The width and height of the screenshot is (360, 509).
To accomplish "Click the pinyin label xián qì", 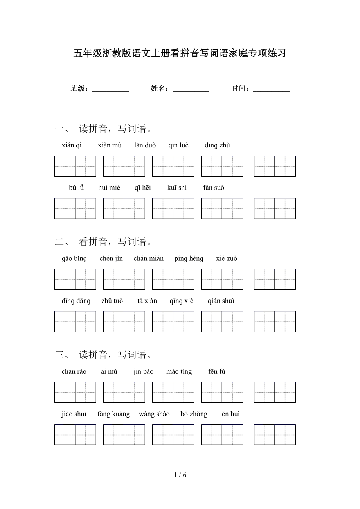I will click(72, 145).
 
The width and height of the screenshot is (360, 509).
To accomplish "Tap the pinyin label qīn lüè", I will click(178, 145).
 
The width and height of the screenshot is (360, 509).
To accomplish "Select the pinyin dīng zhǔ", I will click(217, 145).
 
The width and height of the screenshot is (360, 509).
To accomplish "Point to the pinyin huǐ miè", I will click(109, 188).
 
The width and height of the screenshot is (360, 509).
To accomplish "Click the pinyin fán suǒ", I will click(214, 188).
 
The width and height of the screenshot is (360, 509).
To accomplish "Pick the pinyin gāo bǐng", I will click(74, 258).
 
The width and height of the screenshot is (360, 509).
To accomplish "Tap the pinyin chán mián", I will click(149, 258).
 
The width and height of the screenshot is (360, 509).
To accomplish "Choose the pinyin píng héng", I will click(189, 258).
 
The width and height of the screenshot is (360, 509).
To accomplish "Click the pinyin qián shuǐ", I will click(221, 301).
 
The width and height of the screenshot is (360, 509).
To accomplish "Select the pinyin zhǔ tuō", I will click(112, 301).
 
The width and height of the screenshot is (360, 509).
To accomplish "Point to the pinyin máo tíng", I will click(179, 371).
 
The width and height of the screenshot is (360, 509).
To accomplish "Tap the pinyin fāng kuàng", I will click(113, 414).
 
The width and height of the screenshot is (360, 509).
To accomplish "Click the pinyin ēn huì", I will click(231, 414).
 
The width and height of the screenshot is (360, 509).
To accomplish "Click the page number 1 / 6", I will click(180, 475).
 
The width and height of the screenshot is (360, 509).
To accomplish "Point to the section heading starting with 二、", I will click(103, 242).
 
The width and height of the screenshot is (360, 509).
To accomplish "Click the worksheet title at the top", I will click(180, 54).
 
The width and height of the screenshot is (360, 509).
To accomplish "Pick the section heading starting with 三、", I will click(103, 355).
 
